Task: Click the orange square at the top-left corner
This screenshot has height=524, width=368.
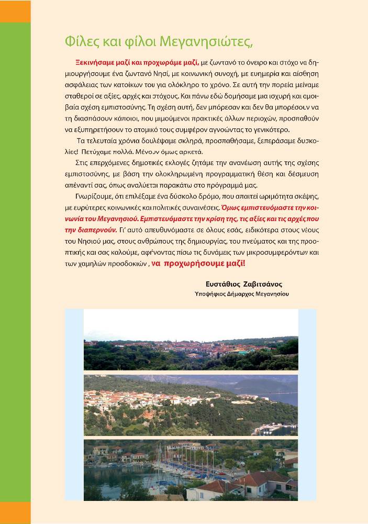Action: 15,11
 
